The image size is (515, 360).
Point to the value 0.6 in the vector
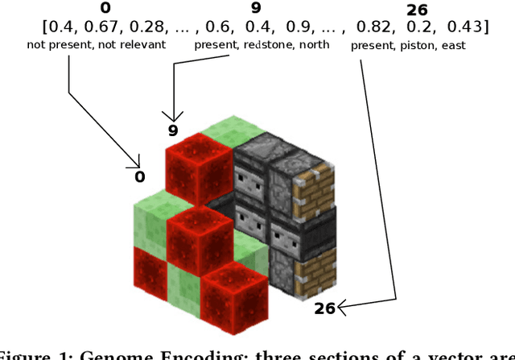click(x=218, y=27)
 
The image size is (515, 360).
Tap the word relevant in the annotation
click(x=142, y=45)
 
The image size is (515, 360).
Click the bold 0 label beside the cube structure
click(x=139, y=176)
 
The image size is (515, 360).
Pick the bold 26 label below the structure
click(x=324, y=308)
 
